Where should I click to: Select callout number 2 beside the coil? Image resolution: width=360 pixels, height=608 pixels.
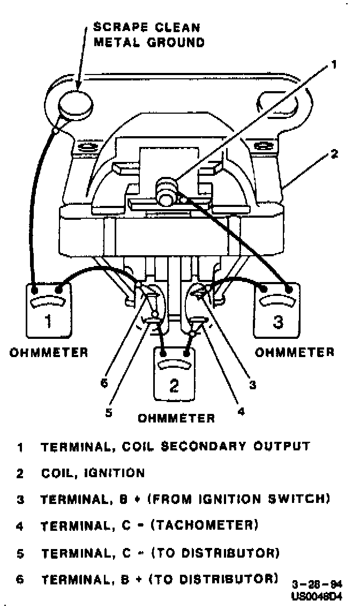334,154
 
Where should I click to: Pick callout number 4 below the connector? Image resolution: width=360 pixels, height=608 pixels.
241,412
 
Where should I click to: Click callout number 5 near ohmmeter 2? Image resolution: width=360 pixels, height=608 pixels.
109,413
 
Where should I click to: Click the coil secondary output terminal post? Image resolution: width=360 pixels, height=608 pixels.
165,190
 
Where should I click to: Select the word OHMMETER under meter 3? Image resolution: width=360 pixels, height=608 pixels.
294,352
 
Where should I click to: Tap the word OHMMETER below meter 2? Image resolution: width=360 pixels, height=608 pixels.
176,418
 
